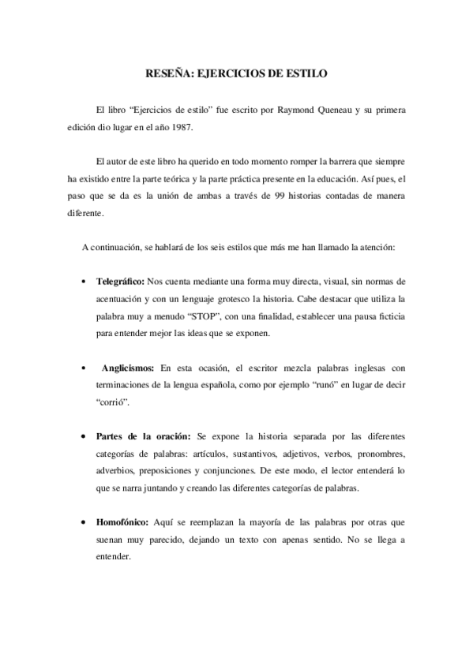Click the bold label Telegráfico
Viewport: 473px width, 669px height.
[121, 281]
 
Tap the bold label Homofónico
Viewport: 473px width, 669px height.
[124, 521]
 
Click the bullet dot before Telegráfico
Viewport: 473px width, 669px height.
[84, 282]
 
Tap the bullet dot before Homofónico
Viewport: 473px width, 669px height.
[84, 522]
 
